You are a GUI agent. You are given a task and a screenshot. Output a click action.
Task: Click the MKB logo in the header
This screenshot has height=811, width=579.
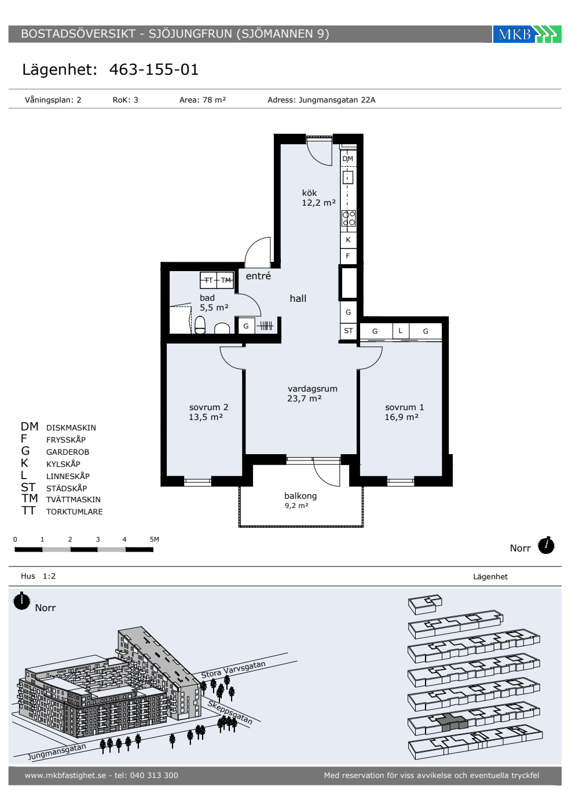527,34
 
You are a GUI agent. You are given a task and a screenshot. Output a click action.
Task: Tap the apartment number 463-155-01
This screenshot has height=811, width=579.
154,70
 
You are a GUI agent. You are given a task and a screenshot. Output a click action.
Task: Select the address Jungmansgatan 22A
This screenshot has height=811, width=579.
337,100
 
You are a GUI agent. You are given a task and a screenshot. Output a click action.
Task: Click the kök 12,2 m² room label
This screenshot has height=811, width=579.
318,198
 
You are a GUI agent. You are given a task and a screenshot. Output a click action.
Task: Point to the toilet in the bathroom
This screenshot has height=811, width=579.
200,325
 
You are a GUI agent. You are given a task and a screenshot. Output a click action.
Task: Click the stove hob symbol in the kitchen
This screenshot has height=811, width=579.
349,218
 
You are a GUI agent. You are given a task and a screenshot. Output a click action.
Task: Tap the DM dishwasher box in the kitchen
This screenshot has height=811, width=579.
348,159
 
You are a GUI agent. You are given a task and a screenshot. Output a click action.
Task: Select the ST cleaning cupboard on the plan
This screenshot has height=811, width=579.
349,331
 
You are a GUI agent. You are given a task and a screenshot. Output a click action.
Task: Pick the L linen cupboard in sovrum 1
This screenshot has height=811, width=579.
401,331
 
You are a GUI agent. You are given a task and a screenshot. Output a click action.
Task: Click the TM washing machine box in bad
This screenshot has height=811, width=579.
225,280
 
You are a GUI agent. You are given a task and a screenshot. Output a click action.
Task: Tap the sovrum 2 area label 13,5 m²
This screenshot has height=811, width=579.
206,417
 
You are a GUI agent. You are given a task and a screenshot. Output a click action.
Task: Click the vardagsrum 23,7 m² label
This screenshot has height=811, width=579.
312,393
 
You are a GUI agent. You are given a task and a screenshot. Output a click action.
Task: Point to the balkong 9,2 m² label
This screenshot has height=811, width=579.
301,500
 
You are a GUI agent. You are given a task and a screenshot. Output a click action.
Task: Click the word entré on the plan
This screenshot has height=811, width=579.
258,276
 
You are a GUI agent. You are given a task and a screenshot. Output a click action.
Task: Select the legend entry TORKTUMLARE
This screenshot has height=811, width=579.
75,512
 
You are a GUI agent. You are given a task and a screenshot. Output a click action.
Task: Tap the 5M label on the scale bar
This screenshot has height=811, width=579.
155,539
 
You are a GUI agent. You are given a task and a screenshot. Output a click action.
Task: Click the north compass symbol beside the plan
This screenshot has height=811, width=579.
546,545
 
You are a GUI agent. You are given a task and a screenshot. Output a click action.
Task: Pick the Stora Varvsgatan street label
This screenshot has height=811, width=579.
233,670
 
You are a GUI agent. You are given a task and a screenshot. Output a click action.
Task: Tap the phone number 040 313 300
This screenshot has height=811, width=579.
154,775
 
